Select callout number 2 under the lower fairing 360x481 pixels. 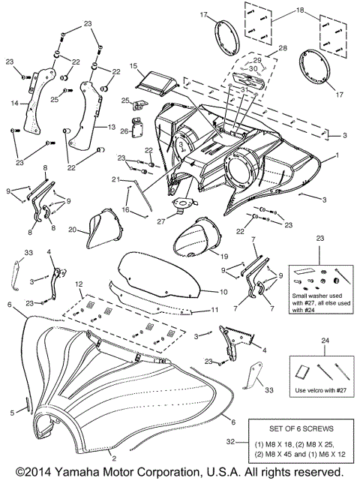pos(113,456)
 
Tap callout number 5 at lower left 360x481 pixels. pos(12,413)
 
